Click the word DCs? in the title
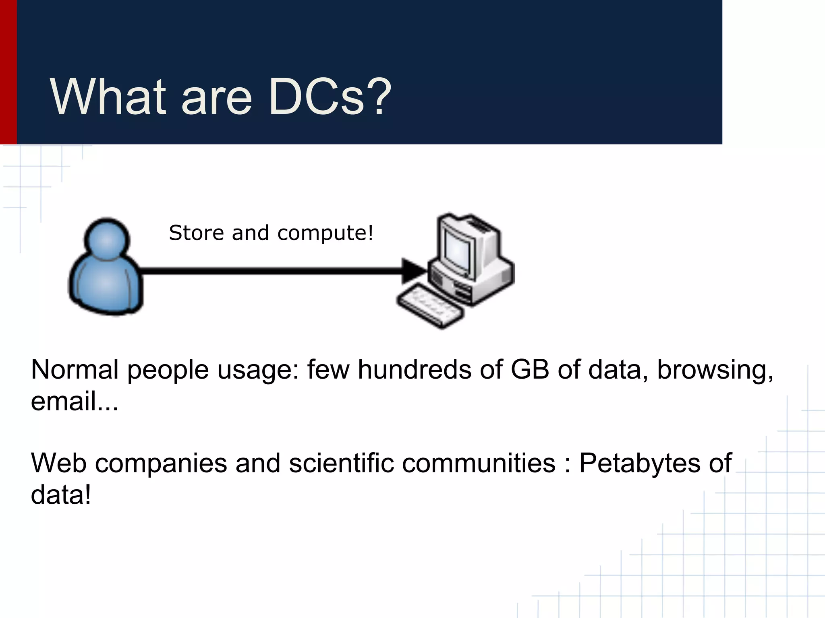pyautogui.click(x=330, y=97)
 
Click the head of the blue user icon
pyautogui.click(x=107, y=240)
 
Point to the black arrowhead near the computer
pyautogui.click(x=413, y=271)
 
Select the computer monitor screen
pyautogui.click(x=458, y=251)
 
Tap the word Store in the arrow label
pyautogui.click(x=196, y=233)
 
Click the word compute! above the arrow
pyautogui.click(x=325, y=234)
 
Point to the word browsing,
pyautogui.click(x=715, y=370)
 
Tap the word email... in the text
pyautogui.click(x=75, y=401)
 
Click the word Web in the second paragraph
pyautogui.click(x=58, y=463)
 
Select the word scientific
pyautogui.click(x=341, y=463)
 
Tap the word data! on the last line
pyautogui.click(x=61, y=494)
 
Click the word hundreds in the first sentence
pyautogui.click(x=414, y=369)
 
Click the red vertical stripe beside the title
pyautogui.click(x=8, y=72)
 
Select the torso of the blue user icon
pyautogui.click(x=106, y=286)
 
